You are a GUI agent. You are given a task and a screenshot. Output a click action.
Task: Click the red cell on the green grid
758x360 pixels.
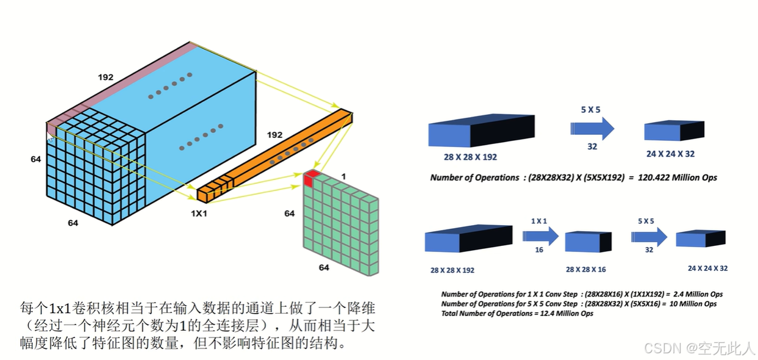coord(312,178)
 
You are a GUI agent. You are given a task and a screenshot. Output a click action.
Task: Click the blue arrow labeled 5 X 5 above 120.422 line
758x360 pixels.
coord(592,128)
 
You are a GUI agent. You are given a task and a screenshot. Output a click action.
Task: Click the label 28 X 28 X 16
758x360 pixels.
coord(585,269)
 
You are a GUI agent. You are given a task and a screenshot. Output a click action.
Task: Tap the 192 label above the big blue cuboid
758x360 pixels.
coord(105,77)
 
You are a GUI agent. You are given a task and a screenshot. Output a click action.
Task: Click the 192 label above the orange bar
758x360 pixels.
coord(275,134)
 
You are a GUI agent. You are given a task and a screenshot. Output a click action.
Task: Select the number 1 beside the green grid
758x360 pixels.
coord(343,176)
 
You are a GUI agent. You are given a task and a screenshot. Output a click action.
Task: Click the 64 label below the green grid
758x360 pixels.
coord(324,268)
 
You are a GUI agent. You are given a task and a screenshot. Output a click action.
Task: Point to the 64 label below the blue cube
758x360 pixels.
coord(73,223)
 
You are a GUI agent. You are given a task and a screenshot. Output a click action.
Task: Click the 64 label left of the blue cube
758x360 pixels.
coord(36,159)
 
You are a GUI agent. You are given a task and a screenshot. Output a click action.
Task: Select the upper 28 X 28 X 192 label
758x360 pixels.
coord(470,157)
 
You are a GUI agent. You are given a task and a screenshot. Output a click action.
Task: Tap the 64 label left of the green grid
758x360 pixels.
coord(289,214)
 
